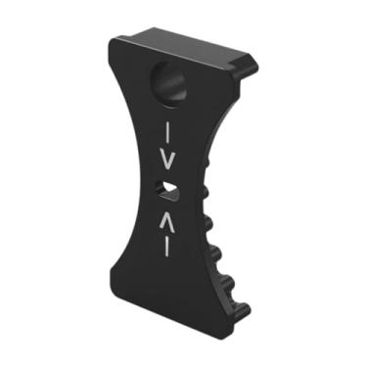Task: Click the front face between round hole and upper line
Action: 169,110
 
